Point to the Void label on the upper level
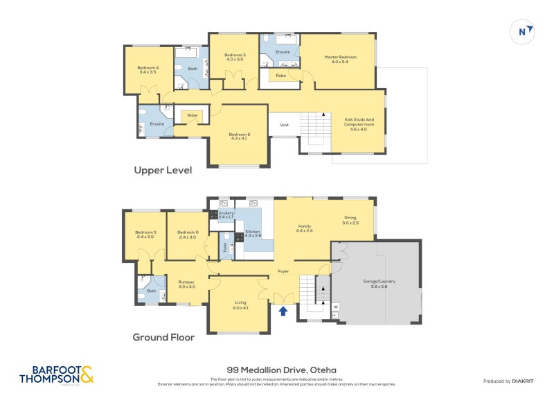pos(284,125)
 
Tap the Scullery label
pos(226,214)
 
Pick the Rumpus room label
pos(186,284)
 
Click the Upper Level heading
pos(163,170)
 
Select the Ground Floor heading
pos(163,338)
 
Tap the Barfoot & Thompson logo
pos(56,374)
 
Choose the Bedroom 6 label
pos(188,234)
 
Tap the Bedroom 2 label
pos(240,135)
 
